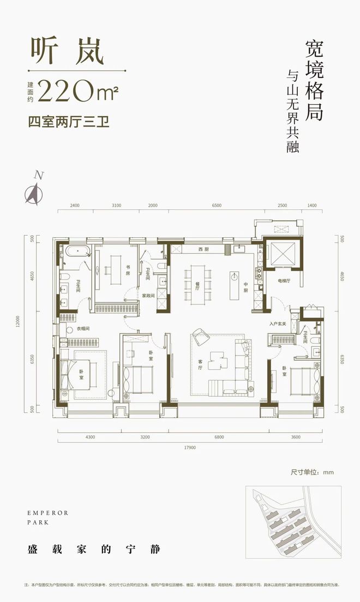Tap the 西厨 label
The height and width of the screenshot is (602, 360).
point(203,249)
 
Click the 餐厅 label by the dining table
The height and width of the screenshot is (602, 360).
point(188,282)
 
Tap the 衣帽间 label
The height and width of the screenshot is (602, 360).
point(83,328)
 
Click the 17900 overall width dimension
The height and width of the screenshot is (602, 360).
point(190,448)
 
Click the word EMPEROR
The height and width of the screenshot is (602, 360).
point(46,513)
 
